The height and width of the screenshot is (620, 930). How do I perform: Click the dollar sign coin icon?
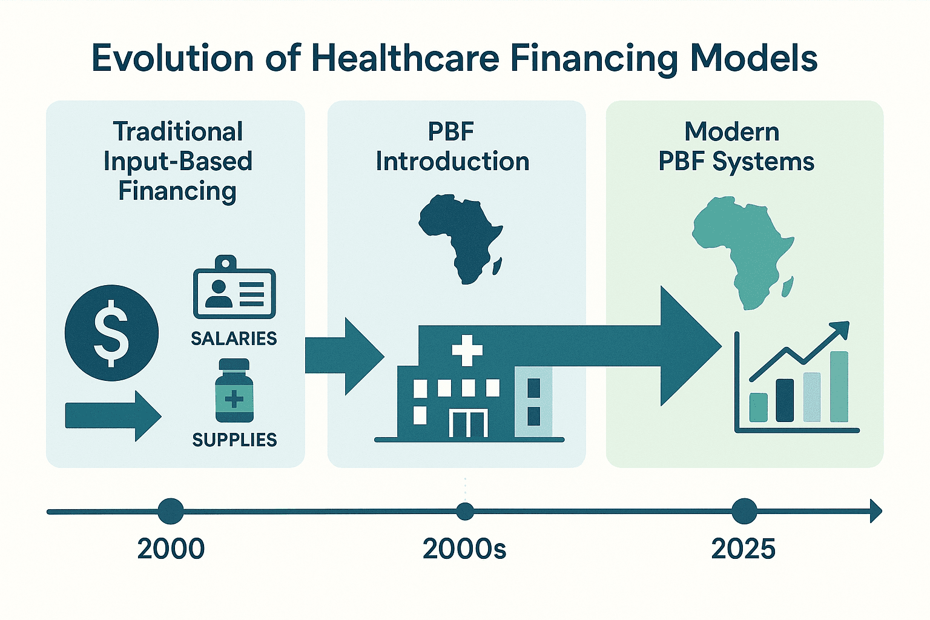(111, 333)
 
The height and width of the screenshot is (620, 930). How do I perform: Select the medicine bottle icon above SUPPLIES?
(234, 391)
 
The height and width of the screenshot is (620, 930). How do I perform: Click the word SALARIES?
(234, 338)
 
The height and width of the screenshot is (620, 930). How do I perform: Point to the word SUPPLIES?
(234, 440)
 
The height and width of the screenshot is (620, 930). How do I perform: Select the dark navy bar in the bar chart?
(785, 400)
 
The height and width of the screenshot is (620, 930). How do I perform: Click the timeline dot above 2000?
(171, 512)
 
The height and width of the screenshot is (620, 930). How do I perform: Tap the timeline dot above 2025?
(744, 512)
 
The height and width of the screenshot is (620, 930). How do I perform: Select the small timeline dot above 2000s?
(465, 512)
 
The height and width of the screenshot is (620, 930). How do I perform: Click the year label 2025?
(743, 549)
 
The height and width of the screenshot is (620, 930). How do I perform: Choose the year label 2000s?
(464, 549)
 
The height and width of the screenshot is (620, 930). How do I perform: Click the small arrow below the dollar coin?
(113, 415)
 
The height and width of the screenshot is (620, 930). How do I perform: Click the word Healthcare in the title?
(405, 59)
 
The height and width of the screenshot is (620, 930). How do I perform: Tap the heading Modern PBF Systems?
(736, 147)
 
